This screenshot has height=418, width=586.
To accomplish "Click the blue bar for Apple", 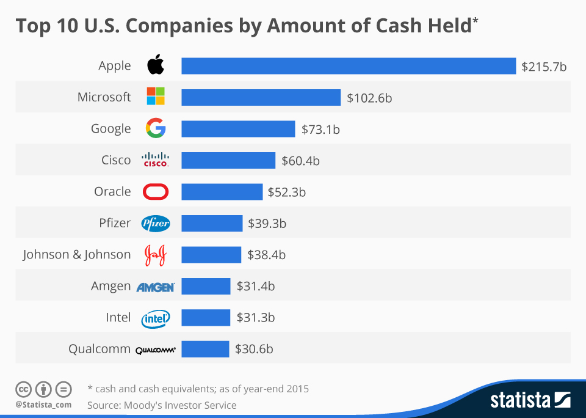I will pyautogui.click(x=349, y=65).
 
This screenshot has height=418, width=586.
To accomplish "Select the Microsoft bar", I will pyautogui.click(x=261, y=97).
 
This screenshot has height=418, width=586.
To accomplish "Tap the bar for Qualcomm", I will pyautogui.click(x=205, y=349).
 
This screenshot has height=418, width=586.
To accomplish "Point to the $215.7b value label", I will pyautogui.click(x=544, y=66).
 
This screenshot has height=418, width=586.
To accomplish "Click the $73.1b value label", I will pyautogui.click(x=320, y=129).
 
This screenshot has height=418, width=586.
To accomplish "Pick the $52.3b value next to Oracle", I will pyautogui.click(x=286, y=192).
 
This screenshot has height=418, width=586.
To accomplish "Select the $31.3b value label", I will pyautogui.click(x=255, y=318).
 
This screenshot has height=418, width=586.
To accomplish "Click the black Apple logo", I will pyautogui.click(x=156, y=65).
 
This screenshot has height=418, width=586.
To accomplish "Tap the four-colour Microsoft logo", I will pyautogui.click(x=156, y=97).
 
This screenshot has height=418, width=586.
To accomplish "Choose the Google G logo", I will pyautogui.click(x=156, y=128).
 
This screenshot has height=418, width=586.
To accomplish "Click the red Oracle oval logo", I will pyautogui.click(x=156, y=192).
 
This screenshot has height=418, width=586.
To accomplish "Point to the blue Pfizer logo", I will pyautogui.click(x=156, y=224).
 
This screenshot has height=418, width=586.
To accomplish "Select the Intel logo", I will pyautogui.click(x=156, y=318).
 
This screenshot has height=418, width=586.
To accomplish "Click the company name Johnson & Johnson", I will pyautogui.click(x=77, y=255).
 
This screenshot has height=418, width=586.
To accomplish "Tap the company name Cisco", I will pyautogui.click(x=116, y=160).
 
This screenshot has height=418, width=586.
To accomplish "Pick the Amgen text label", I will pyautogui.click(x=110, y=287).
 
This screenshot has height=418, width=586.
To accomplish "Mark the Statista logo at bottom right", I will pyautogui.click(x=530, y=400).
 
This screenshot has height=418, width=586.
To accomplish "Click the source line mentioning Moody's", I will pyautogui.click(x=162, y=405).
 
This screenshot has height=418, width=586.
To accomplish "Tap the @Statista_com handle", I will pyautogui.click(x=43, y=405).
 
